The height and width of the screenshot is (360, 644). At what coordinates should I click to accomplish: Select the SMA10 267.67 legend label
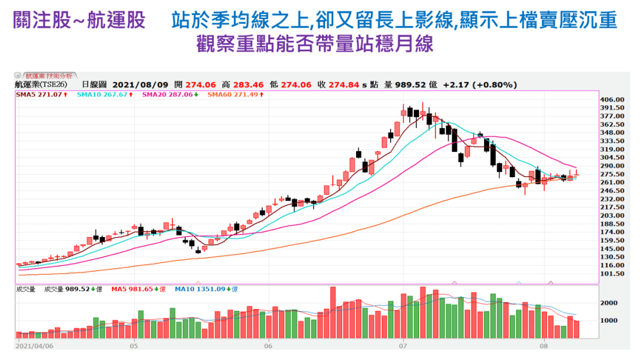(102, 95)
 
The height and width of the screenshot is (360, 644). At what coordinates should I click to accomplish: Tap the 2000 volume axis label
(608, 303)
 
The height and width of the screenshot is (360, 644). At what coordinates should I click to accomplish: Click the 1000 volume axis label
(608, 320)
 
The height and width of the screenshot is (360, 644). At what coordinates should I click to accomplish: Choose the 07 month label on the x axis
(403, 346)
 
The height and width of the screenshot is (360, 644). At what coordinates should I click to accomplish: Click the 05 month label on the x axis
(134, 346)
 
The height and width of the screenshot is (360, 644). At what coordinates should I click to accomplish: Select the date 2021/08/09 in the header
(139, 84)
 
